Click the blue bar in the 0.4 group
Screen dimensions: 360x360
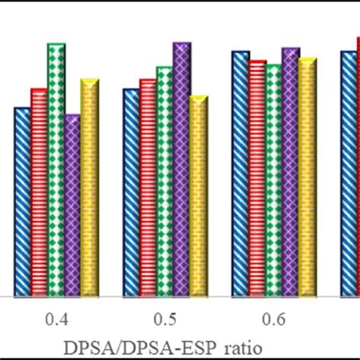(22, 201)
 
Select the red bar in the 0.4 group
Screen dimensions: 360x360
(39, 191)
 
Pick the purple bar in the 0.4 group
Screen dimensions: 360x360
(72, 205)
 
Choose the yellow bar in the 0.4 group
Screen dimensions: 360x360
(90, 187)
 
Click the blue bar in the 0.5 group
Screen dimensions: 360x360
(131, 191)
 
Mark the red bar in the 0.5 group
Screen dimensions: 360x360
(147, 187)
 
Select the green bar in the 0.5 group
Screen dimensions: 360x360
(164, 181)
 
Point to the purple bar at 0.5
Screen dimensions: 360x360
(181, 169)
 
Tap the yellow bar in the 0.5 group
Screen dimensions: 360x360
(198, 195)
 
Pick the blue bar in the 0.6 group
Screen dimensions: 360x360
(240, 173)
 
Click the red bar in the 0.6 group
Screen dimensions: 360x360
(257, 178)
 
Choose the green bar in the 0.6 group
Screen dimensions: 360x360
(273, 179)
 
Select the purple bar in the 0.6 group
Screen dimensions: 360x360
(290, 172)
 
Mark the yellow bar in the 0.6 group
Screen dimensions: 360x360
(308, 176)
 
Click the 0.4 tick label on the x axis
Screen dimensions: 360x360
(56, 320)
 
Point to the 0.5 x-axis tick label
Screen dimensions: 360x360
(165, 320)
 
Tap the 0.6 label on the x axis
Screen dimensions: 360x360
(274, 320)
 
